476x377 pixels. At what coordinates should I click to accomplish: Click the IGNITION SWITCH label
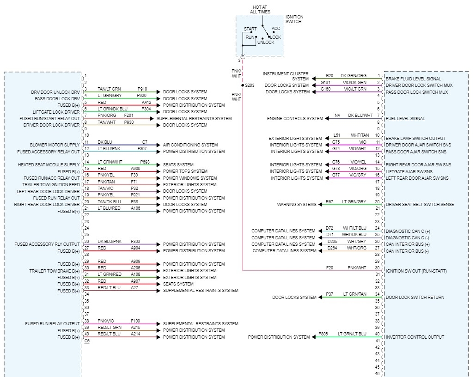[294, 19]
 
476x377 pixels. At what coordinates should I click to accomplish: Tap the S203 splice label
[250, 85]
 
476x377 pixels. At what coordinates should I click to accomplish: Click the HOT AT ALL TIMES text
[261, 9]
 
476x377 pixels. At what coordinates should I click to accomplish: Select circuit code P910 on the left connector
[142, 89]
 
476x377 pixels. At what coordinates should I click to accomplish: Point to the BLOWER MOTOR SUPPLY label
[55, 145]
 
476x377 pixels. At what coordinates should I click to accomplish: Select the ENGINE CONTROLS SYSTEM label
[295, 119]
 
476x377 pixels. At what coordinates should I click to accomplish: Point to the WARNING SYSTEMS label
[297, 205]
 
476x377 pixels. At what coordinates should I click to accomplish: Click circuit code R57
[329, 202]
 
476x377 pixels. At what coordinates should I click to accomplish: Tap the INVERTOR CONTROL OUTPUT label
[415, 337]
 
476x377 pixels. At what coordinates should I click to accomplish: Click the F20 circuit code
[330, 268]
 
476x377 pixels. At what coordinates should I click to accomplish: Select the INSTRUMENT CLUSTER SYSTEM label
[286, 76]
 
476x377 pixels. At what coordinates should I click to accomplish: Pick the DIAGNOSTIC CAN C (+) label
[408, 231]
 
